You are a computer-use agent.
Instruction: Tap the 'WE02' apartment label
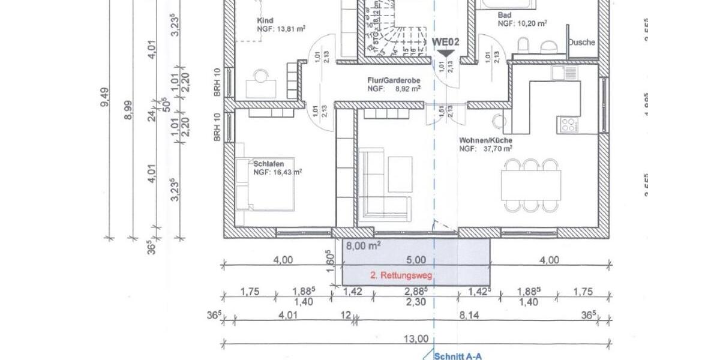(x=445, y=42)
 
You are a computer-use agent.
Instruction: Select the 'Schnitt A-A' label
(x=457, y=356)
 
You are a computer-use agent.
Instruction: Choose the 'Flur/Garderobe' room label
(x=393, y=80)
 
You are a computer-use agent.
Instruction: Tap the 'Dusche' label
(x=581, y=43)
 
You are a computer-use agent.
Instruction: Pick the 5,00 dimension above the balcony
(x=416, y=260)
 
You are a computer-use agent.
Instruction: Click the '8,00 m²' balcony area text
(x=364, y=245)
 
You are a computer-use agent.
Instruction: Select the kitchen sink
(x=565, y=73)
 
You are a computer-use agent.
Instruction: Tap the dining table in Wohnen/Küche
(x=532, y=185)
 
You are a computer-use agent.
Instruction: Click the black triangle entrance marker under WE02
(x=445, y=53)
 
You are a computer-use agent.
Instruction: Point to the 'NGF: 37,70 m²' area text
(x=485, y=148)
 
